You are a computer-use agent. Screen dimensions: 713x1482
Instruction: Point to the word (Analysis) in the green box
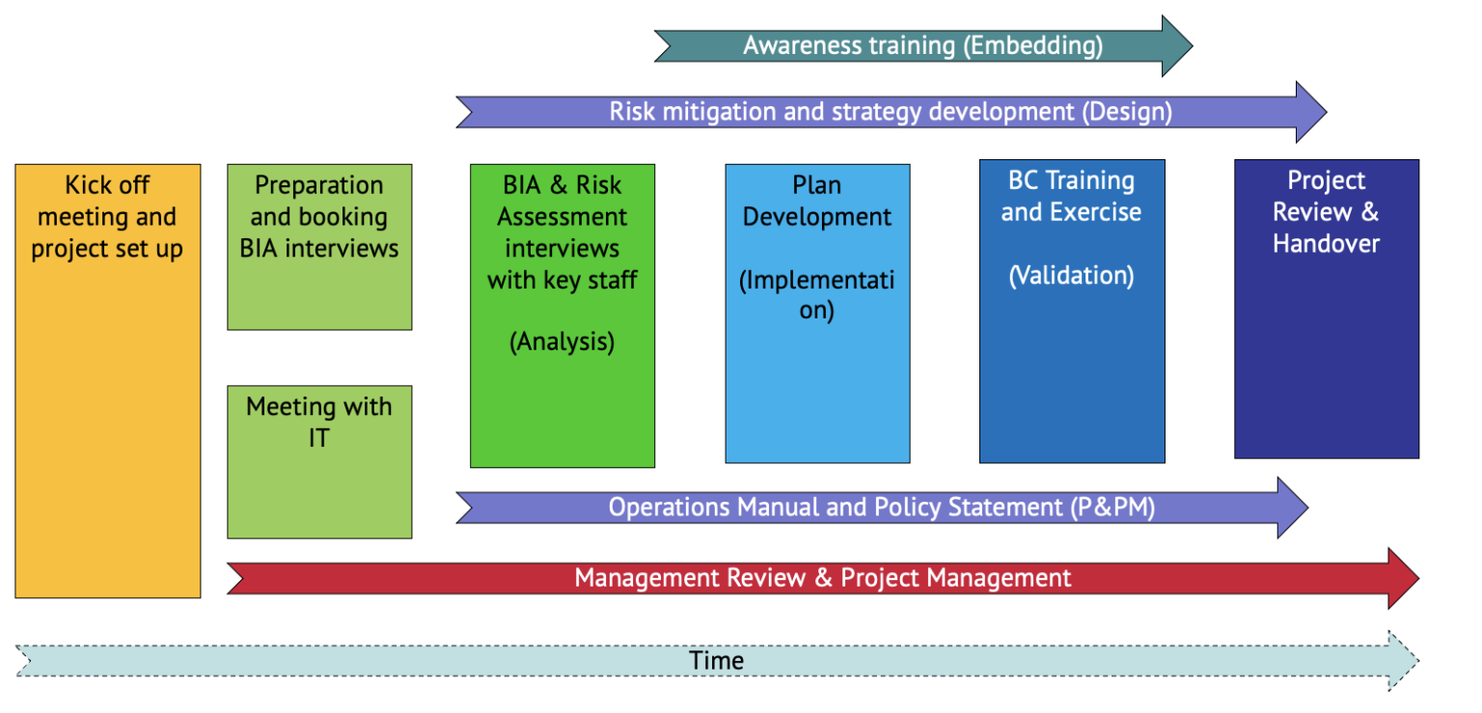(562, 342)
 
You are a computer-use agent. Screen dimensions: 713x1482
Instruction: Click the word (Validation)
(1071, 276)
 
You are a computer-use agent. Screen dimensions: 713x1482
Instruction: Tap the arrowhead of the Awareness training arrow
(1175, 45)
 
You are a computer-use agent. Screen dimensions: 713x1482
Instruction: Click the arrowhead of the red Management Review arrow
(1402, 578)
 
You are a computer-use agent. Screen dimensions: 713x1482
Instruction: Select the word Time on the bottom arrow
(717, 661)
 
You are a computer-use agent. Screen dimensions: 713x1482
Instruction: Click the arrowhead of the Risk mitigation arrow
(1309, 112)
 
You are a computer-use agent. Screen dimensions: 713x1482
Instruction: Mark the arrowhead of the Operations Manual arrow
(1291, 507)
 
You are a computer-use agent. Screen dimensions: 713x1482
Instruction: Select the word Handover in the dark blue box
(1326, 243)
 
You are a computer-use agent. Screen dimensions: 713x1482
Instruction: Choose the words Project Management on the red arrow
(955, 578)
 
